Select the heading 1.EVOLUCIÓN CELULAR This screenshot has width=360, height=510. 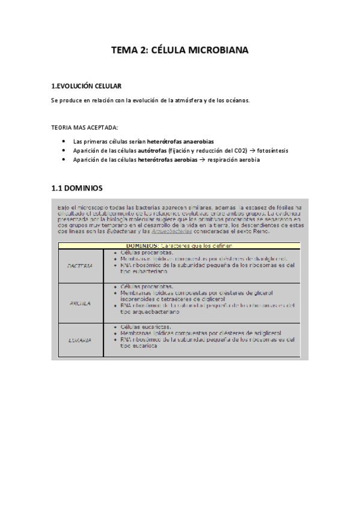[x=87, y=86]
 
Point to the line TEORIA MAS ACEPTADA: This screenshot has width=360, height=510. [x=84, y=127]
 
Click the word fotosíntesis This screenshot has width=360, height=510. [x=272, y=150]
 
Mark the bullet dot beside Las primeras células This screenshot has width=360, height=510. [x=64, y=141]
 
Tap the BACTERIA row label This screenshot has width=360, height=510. [x=80, y=265]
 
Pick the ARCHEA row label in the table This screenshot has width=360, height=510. [x=80, y=303]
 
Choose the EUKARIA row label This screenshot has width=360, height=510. [x=80, y=340]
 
